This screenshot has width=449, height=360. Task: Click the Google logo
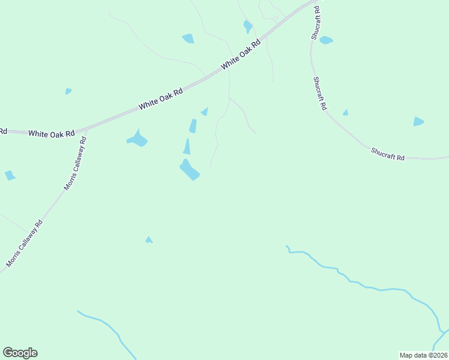pos(20,353)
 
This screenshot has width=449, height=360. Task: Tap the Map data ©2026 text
pos(424,355)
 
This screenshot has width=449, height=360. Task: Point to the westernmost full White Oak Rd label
pos(51,133)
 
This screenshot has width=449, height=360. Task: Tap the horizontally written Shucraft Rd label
pos(388,154)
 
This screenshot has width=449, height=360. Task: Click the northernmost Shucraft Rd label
pos(315,24)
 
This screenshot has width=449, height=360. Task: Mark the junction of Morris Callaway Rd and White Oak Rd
pos(86,130)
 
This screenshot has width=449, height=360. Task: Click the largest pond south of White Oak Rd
pos(190,170)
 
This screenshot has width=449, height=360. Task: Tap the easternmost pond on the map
pos(418,122)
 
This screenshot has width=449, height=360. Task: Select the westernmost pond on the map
pos(10,175)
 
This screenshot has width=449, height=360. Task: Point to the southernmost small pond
pos(149,240)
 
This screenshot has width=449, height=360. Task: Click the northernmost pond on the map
pos(247,26)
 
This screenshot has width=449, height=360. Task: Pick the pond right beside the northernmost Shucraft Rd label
pos(326,40)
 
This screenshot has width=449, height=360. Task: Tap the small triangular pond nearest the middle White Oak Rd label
pos(205,112)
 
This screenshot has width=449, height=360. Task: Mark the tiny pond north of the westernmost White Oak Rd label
pos(68,91)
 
